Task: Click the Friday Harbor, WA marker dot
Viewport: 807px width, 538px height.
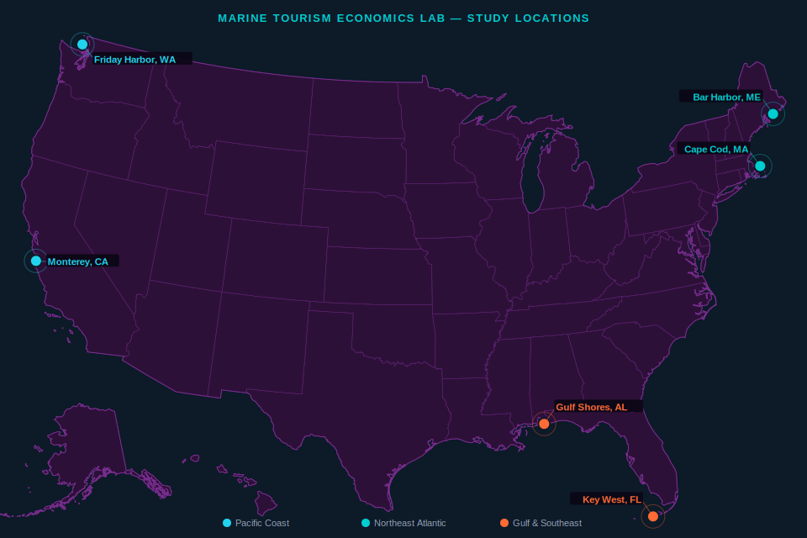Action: pos(82,44)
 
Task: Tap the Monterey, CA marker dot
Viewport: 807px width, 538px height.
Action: pos(36,261)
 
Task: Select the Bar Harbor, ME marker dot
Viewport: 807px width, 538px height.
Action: pos(773,113)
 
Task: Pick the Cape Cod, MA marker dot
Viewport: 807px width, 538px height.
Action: pos(760,166)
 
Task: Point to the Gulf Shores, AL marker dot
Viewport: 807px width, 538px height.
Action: pos(544,424)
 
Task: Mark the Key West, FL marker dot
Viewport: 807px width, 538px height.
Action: pos(653,516)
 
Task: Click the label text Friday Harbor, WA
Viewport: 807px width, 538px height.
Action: pos(134,60)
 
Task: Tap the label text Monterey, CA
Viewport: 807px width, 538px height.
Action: pos(77,261)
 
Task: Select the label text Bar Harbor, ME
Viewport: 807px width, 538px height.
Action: pos(726,98)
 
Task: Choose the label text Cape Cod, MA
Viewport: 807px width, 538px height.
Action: pos(715,150)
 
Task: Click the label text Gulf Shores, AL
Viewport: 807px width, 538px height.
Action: pos(591,407)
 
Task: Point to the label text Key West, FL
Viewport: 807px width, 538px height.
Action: pos(611,499)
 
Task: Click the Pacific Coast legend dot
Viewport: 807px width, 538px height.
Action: pos(227,523)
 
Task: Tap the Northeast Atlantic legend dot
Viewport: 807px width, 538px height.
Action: pos(366,523)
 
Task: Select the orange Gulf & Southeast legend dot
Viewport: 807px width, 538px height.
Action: pos(504,523)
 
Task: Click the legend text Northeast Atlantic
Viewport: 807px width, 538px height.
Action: pos(409,523)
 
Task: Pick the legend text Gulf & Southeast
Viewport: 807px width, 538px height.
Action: pos(546,523)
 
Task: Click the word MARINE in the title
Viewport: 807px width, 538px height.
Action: pos(241,18)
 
